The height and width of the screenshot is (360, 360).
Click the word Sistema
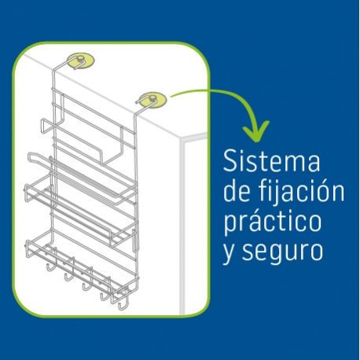(272, 160)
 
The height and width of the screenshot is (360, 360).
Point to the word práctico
(273, 221)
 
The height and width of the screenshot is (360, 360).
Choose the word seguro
(282, 252)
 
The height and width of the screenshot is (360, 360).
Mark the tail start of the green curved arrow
(171, 96)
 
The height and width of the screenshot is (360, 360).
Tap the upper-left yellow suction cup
(81, 61)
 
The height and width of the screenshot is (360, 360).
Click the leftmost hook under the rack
(51, 265)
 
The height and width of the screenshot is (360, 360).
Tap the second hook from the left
(69, 274)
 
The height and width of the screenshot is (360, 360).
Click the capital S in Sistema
(230, 160)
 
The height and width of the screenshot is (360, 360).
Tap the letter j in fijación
(273, 193)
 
